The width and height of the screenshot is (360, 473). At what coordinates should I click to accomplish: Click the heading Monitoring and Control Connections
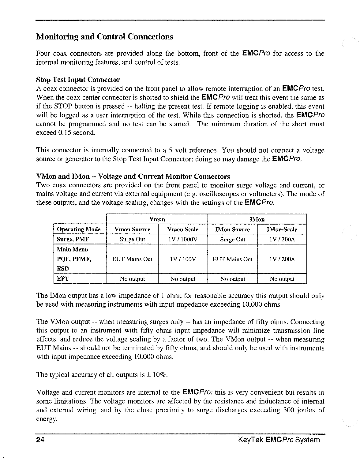pyautogui.click(x=105, y=37)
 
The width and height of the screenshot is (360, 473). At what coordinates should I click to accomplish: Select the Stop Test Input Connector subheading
pyautogui.click(x=78, y=80)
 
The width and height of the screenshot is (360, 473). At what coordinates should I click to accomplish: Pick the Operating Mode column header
pyautogui.click(x=79, y=229)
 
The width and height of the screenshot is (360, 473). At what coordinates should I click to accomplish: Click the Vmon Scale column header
pyautogui.click(x=183, y=229)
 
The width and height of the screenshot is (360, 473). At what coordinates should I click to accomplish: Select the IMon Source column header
pyautogui.click(x=233, y=229)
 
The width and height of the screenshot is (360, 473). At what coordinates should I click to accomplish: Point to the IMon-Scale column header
pyautogui.click(x=282, y=229)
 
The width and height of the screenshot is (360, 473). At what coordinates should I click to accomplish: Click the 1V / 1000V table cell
pyautogui.click(x=183, y=240)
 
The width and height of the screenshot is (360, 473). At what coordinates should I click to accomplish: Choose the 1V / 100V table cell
pyautogui.click(x=183, y=259)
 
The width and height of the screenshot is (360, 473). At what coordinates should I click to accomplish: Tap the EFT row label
pyautogui.click(x=63, y=279)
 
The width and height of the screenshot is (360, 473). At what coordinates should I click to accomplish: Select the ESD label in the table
pyautogui.click(x=63, y=269)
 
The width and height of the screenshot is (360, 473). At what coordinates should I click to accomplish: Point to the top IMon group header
pyautogui.click(x=257, y=219)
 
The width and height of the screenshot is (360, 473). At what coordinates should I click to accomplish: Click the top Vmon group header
pyautogui.click(x=157, y=219)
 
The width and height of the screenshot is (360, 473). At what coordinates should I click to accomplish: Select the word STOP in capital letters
pyautogui.click(x=63, y=107)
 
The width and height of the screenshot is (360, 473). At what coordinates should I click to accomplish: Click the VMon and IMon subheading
pyautogui.click(x=133, y=176)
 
